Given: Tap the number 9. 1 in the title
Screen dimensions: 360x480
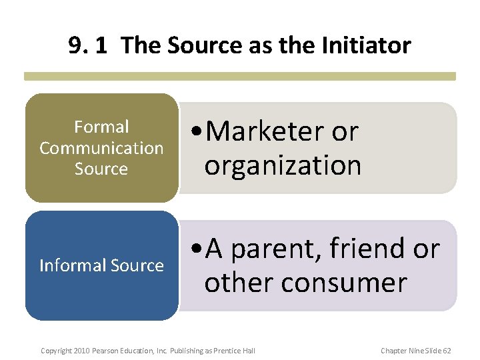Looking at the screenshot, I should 91,45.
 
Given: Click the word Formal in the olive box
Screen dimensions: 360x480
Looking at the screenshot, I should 101,127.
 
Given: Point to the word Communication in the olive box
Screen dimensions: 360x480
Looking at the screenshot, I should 101,148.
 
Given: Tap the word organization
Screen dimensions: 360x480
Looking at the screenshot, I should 283,165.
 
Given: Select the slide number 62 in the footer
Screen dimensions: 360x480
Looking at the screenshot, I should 445,351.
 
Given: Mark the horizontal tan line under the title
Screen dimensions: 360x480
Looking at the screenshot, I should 240,76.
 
